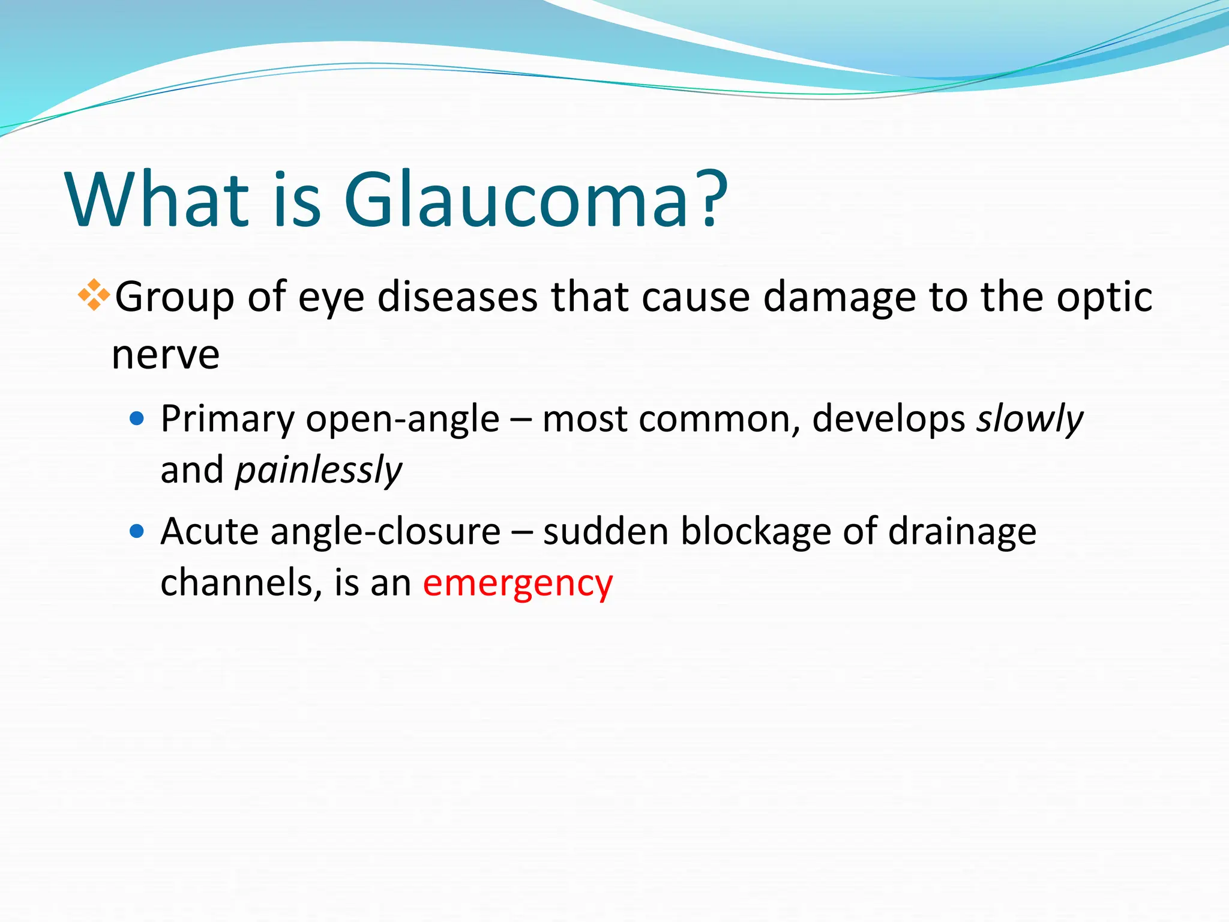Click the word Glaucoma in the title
tap(516, 199)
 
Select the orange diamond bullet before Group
tap(94, 295)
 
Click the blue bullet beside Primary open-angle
tap(137, 418)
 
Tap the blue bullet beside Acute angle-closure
tap(137, 531)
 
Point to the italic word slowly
tap(1030, 419)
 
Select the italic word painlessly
tap(319, 471)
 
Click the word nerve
tap(166, 355)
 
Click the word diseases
tap(457, 298)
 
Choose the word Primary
tap(227, 419)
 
